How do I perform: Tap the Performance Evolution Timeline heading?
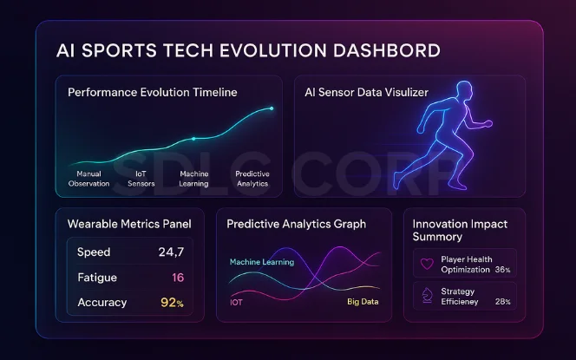point(152,92)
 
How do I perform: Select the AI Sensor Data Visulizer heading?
point(369,92)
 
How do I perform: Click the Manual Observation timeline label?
point(88,179)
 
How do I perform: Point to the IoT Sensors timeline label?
point(141,179)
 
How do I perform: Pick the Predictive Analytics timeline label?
point(252,179)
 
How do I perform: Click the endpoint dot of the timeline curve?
point(272,108)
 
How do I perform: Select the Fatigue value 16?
point(178,278)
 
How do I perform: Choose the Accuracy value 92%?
point(173,303)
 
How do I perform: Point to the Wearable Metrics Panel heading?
point(129,224)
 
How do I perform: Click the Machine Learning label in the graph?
point(261,262)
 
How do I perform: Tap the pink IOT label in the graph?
point(236,303)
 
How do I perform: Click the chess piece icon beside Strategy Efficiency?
point(426,295)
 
